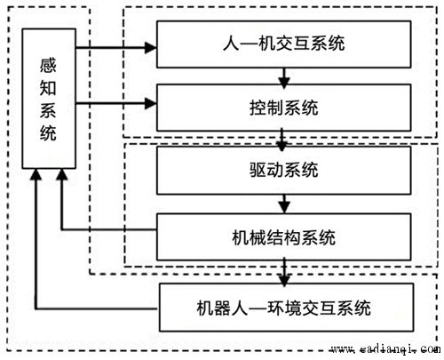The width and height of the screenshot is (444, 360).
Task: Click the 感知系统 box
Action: coord(49,99)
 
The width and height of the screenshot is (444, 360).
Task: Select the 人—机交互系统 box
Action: coord(284,44)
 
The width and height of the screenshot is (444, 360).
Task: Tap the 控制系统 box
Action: coord(284,108)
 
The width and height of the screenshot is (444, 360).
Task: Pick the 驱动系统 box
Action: coord(284,171)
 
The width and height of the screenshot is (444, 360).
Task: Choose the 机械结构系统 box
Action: coord(284,237)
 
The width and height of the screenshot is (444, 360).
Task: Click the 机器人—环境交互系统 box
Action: coord(286,308)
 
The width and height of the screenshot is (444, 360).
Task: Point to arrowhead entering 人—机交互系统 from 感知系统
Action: coord(151,47)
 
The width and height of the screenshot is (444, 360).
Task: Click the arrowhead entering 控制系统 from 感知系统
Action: coord(151,103)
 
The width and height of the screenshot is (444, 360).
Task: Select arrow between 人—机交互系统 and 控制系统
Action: coord(284,77)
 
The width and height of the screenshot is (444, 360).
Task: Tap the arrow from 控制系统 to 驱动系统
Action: coord(282,140)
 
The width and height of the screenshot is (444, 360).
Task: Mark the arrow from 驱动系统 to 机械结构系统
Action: coord(284,204)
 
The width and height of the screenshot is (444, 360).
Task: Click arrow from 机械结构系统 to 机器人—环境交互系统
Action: coord(284,272)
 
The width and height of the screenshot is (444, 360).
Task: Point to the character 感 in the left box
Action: coord(48,65)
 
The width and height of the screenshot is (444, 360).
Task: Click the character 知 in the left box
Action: coord(48,88)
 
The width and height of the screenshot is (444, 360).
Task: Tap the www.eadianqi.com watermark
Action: coord(385,349)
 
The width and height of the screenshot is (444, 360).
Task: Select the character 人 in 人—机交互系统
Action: coord(231,44)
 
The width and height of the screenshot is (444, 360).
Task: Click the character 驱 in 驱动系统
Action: coord(258,170)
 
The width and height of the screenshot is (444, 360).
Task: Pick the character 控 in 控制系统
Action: coord(258,108)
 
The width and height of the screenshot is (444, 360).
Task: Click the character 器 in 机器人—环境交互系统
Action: coord(223,308)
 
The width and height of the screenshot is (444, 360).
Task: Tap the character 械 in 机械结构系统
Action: coord(258,237)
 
